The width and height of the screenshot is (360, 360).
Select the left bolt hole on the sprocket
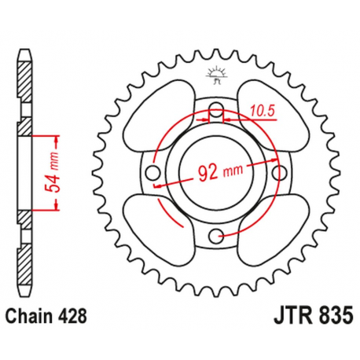pyautogui.click(x=154, y=173)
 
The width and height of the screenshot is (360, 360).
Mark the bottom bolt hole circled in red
pyautogui.click(x=216, y=234)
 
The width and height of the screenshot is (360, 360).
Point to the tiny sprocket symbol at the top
pyautogui.click(x=215, y=75)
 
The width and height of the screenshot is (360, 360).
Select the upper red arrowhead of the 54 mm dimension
pyautogui.click(x=57, y=138)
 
